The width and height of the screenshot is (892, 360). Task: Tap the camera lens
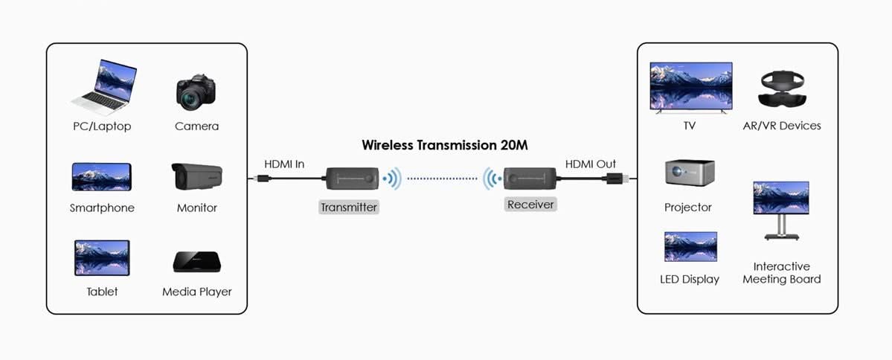(x=192, y=97)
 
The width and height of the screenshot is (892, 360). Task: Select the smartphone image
(x=101, y=176)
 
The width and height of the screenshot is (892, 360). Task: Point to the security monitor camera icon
(x=196, y=176)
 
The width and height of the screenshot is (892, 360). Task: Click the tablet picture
(x=102, y=257)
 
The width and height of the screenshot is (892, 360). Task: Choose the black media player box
(x=196, y=262)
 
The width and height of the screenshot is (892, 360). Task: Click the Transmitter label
(x=349, y=208)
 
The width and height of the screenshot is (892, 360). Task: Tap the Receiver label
(x=531, y=204)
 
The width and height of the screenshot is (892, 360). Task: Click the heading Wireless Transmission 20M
(x=445, y=145)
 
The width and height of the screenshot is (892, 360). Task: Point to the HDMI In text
(x=284, y=164)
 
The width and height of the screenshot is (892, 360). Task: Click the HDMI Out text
(x=591, y=164)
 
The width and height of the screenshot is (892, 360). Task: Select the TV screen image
(x=691, y=86)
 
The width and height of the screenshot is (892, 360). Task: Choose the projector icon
(x=689, y=173)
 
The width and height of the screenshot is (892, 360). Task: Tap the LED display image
(x=690, y=247)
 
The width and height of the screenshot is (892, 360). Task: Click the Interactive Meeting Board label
(x=781, y=273)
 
